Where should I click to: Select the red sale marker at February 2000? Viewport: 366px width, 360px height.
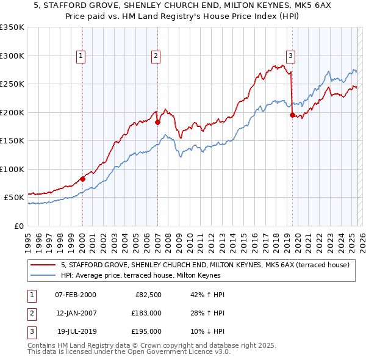pyautogui.click(x=82, y=179)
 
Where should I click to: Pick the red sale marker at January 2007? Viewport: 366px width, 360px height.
pyautogui.click(x=157, y=122)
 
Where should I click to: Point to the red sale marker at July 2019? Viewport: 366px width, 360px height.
pyautogui.click(x=292, y=115)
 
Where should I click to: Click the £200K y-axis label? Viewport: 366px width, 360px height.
pyautogui.click(x=12, y=112)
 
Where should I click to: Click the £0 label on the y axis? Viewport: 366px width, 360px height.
pyautogui.click(x=19, y=226)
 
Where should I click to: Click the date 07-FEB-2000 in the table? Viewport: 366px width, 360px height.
pyautogui.click(x=76, y=295)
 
